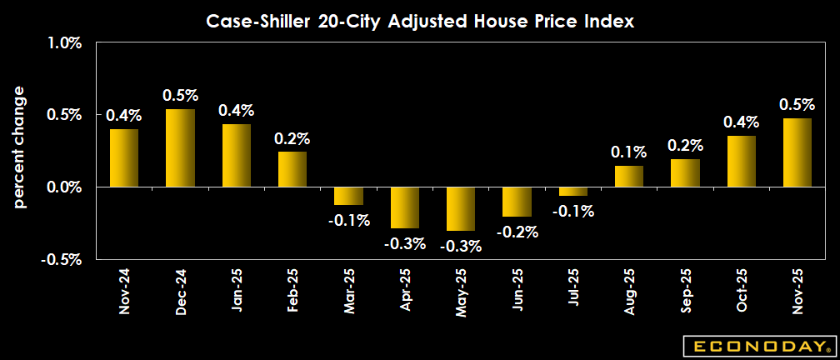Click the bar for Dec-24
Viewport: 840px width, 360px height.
pyautogui.click(x=180, y=148)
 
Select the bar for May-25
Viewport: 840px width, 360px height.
pyautogui.click(x=461, y=208)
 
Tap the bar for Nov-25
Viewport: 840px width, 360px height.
pyautogui.click(x=797, y=152)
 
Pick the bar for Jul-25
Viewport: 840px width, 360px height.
pyautogui.click(x=573, y=191)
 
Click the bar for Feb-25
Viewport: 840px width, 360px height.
pyautogui.click(x=292, y=169)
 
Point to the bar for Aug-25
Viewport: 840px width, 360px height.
pyautogui.click(x=629, y=176)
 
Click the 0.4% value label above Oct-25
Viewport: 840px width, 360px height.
pyautogui.click(x=742, y=123)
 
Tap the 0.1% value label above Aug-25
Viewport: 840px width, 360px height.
pyautogui.click(x=629, y=152)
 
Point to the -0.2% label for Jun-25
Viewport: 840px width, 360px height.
pyautogui.click(x=517, y=232)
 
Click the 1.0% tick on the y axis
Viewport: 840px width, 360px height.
pyautogui.click(x=62, y=43)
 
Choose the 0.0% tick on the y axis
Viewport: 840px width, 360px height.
pyautogui.click(x=62, y=187)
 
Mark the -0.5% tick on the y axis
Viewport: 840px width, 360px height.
pyautogui.click(x=59, y=259)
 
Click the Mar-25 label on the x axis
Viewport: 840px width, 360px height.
pyautogui.click(x=349, y=291)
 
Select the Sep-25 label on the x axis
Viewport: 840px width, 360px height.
pyautogui.click(x=686, y=291)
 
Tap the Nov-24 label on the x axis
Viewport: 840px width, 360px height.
pyautogui.click(x=124, y=291)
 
